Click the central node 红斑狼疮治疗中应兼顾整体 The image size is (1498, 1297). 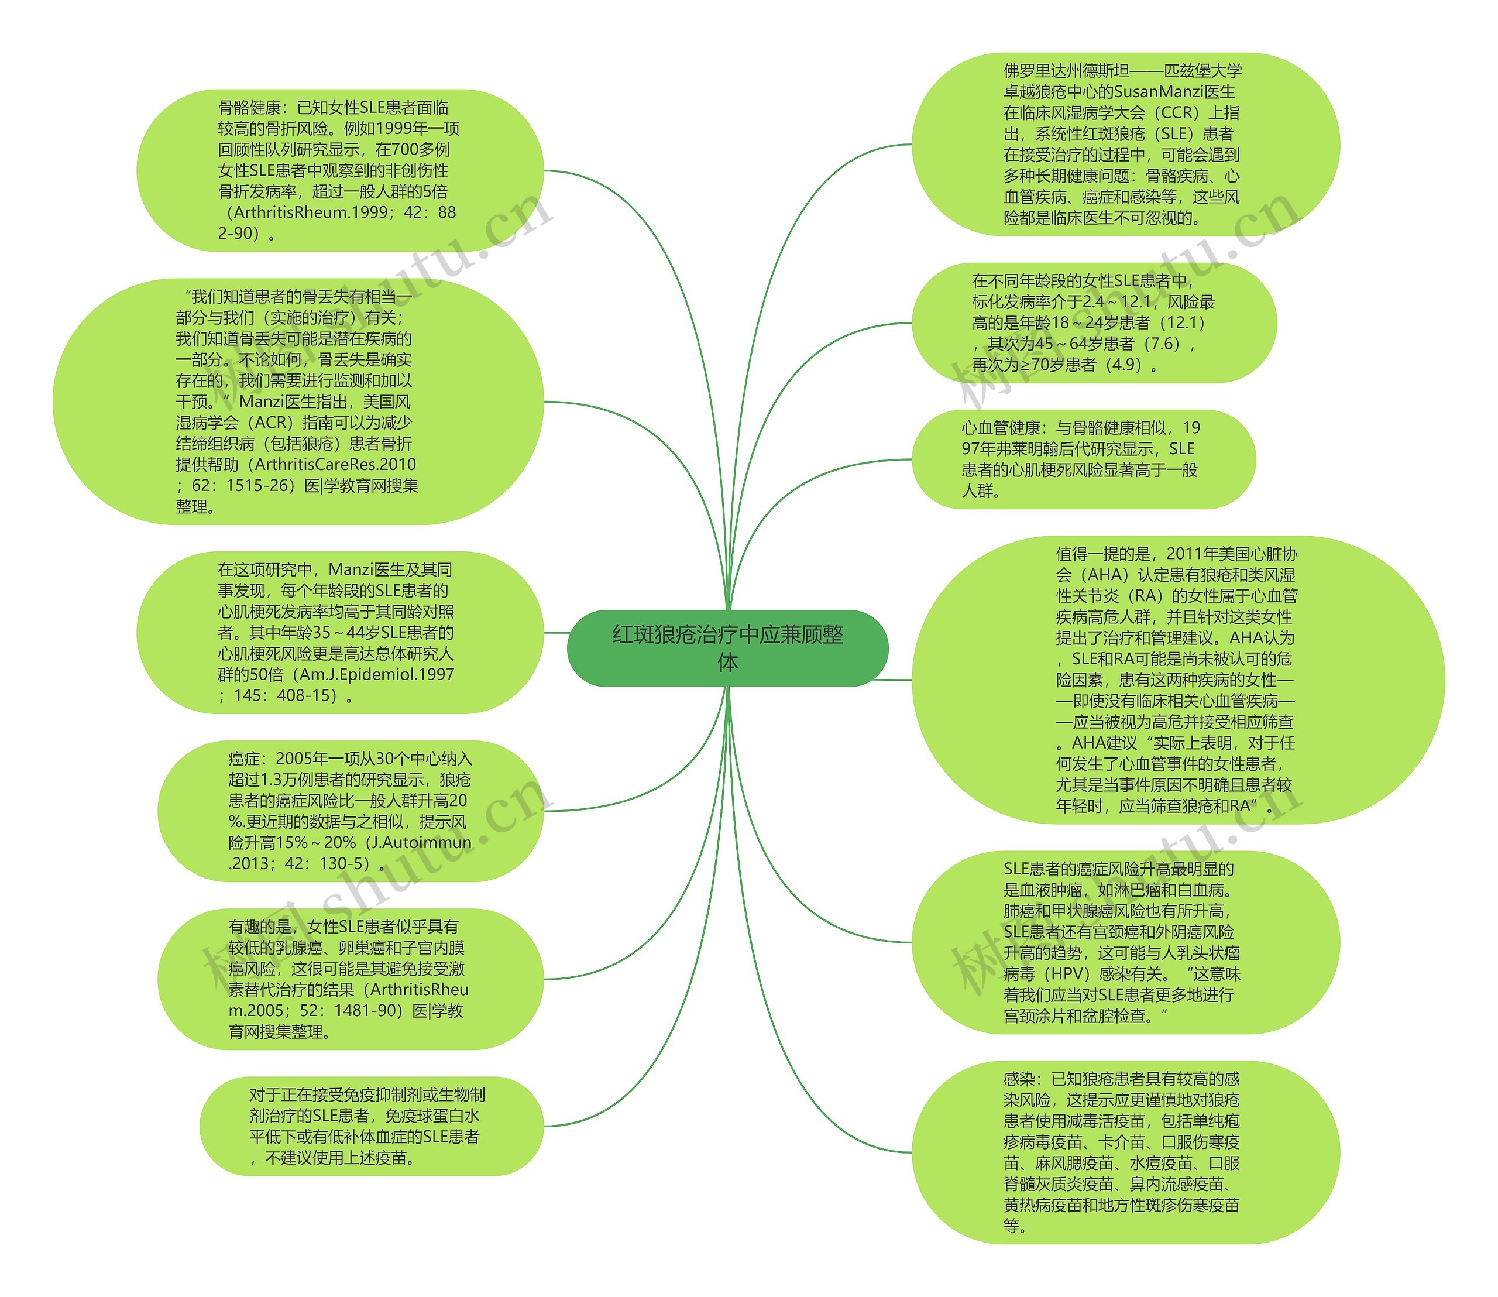pyautogui.click(x=727, y=648)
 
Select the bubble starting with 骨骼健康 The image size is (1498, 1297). pyautogui.click(x=339, y=170)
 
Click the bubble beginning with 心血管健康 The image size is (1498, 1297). pyautogui.click(x=1083, y=459)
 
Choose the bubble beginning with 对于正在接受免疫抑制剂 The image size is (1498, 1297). pyautogui.click(x=370, y=1126)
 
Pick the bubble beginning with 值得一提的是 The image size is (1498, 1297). pyautogui.click(x=1177, y=680)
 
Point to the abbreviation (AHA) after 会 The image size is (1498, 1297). pyautogui.click(x=1103, y=575)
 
